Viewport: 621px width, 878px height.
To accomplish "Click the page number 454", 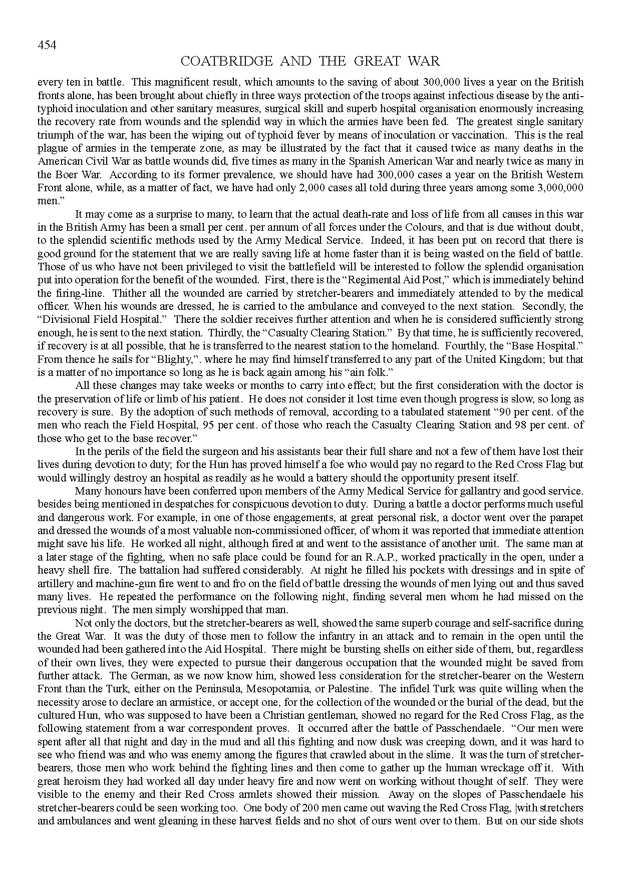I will pyautogui.click(x=47, y=45).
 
